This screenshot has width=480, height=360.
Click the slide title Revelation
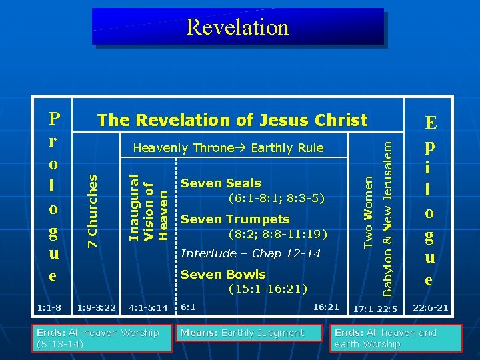point(238,27)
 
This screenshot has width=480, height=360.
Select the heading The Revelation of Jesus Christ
point(232,120)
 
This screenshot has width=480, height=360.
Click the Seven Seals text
point(221,183)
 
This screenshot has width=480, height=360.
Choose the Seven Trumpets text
point(235,219)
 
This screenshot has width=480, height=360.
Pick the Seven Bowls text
point(223,275)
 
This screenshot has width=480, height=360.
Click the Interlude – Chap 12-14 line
point(251,253)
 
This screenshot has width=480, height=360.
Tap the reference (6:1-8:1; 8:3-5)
point(276,198)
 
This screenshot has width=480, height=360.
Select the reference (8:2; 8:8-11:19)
point(277,234)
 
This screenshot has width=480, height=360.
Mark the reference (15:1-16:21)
point(267,289)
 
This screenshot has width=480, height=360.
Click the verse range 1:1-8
point(49,307)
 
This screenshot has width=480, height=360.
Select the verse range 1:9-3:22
point(97,307)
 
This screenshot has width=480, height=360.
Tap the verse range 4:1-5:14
point(148,307)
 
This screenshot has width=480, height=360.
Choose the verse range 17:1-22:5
point(375,309)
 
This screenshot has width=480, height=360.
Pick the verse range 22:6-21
point(431,307)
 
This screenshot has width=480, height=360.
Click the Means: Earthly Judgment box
point(242,333)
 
